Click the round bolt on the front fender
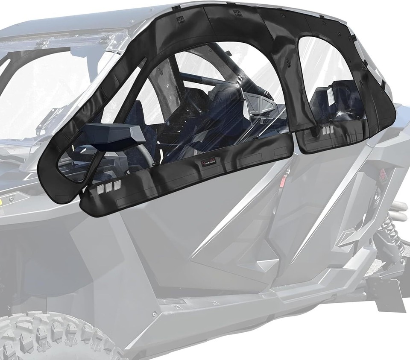pos(12,198)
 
